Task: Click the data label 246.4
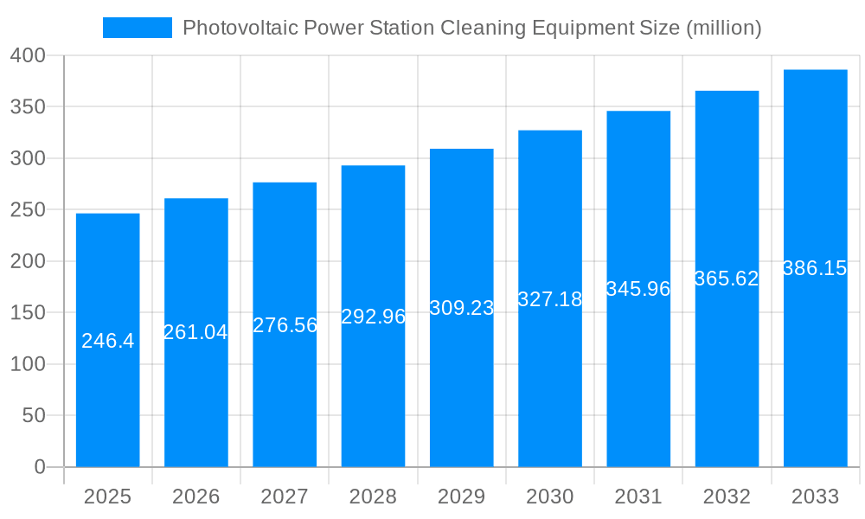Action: [x=108, y=341]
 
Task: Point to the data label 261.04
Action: [x=195, y=332]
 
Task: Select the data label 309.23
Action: [x=462, y=308]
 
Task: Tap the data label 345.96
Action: [x=638, y=289]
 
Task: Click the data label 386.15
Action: [x=815, y=268]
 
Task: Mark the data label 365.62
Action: [x=727, y=279]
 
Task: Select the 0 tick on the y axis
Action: [x=40, y=467]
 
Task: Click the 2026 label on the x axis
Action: [x=196, y=497]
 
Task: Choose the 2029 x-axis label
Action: [x=462, y=497]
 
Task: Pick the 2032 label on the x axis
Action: [x=727, y=497]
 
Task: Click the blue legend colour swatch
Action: [x=138, y=28]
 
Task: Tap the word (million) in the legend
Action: [x=723, y=28]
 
